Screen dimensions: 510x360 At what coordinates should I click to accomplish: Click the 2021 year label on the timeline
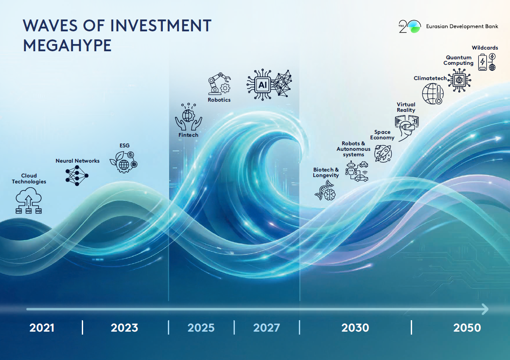click(x=42, y=328)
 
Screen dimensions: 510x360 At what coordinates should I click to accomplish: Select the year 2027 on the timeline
click(x=266, y=328)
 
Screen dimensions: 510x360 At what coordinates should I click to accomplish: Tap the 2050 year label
click(x=467, y=328)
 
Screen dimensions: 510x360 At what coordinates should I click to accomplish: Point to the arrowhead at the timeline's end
click(x=485, y=309)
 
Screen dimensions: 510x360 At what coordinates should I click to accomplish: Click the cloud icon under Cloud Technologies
click(x=29, y=200)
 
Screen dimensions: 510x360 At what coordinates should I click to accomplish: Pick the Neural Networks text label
click(x=78, y=161)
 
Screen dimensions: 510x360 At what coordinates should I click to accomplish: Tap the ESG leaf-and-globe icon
click(x=123, y=162)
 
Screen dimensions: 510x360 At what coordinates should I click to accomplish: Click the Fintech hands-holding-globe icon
click(x=188, y=117)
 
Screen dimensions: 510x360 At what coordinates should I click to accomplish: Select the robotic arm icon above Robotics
click(x=219, y=83)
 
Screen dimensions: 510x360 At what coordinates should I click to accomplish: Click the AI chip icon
click(x=262, y=85)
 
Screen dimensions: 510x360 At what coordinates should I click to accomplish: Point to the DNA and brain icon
click(x=325, y=191)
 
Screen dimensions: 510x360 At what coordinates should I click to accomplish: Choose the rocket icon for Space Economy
click(x=383, y=153)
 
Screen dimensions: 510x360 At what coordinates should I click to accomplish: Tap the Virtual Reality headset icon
click(x=407, y=128)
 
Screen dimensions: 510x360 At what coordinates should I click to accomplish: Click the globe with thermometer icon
click(x=432, y=94)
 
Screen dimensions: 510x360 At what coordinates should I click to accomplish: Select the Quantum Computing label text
click(x=458, y=60)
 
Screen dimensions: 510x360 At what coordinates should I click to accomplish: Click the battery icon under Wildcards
click(x=482, y=62)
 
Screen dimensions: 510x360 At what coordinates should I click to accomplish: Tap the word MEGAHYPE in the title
click(x=67, y=45)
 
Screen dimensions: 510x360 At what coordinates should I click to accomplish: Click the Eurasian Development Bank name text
click(x=462, y=26)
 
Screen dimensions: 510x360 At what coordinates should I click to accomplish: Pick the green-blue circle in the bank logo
click(x=414, y=26)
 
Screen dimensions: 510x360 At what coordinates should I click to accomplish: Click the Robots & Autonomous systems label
click(x=354, y=149)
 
